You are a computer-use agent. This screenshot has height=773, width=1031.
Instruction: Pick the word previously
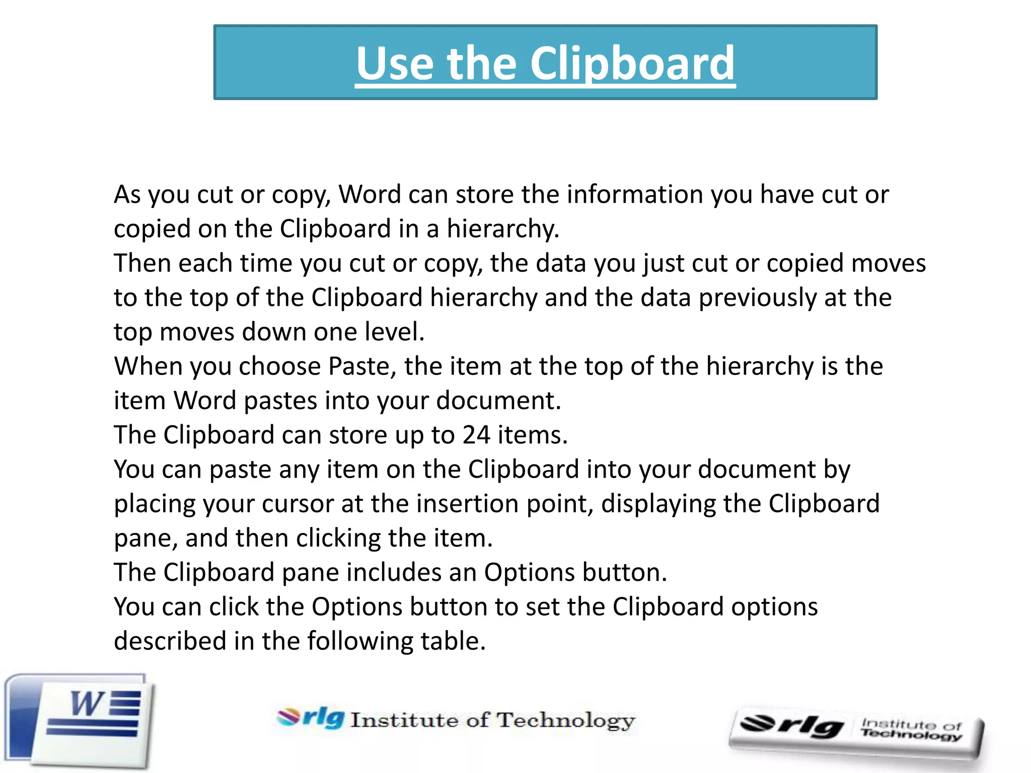tap(758, 297)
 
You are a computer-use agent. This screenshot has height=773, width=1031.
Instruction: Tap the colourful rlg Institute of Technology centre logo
tap(456, 719)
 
